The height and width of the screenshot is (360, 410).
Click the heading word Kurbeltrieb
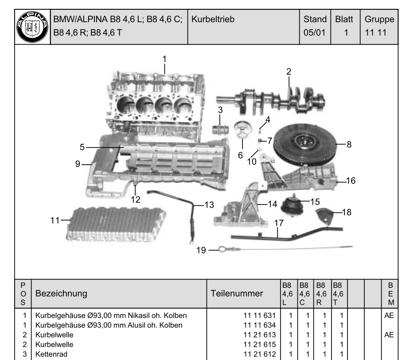213,19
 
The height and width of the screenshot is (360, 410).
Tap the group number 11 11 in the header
374,33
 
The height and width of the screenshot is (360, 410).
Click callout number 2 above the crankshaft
289,71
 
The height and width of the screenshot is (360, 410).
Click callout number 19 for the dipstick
201,250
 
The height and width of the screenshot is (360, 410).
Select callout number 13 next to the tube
209,205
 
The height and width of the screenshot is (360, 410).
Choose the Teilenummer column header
237,293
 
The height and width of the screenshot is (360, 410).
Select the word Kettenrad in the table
50,353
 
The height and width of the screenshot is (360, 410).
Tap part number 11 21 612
260,353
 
